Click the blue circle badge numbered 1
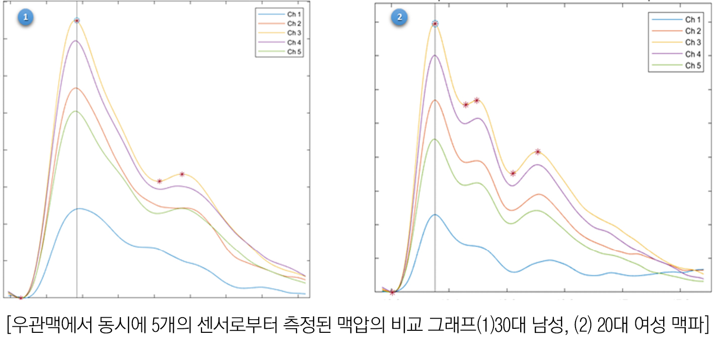coord(25,18)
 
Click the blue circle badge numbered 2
coord(399,17)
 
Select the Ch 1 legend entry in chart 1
coord(294,14)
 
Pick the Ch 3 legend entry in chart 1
coord(294,33)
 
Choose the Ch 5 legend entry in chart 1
coord(294,51)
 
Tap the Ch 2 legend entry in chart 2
coord(692,31)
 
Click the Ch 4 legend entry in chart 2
coord(692,54)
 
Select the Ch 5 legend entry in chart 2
coord(692,65)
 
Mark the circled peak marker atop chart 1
coord(77,21)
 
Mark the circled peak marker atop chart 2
coord(435,24)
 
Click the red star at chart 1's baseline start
coord(21,298)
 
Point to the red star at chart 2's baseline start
coord(392,292)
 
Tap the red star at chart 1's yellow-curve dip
coord(159,181)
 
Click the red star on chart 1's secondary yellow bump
coord(182,174)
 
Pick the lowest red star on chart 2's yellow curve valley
coord(513,173)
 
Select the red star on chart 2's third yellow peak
coord(538,152)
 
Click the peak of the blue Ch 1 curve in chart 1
coord(78,208)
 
